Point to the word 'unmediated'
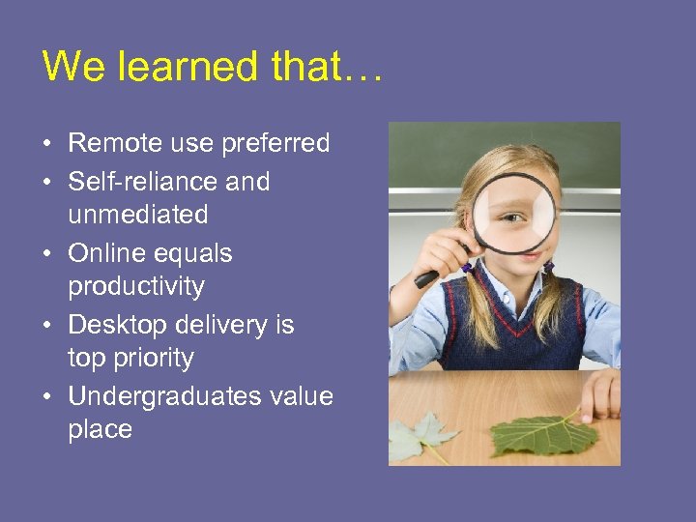click(137, 215)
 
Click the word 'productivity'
click(136, 287)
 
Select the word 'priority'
click(155, 359)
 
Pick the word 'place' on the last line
click(100, 430)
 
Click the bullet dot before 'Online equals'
click(46, 254)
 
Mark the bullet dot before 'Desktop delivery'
click(46, 326)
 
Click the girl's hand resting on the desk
click(600, 391)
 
